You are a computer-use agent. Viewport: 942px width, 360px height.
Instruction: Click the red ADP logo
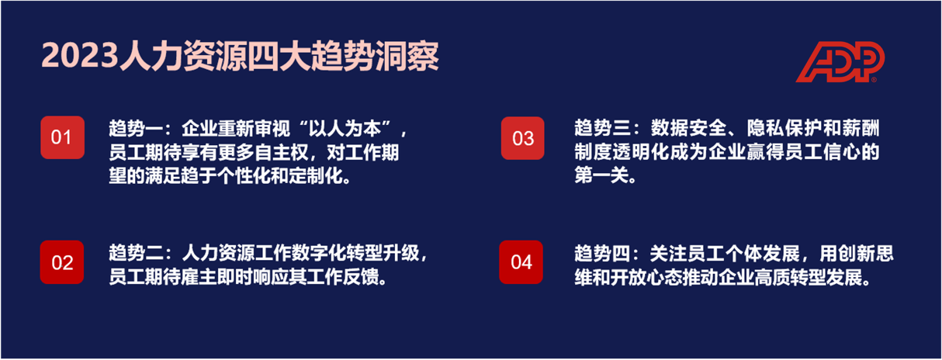click(x=840, y=62)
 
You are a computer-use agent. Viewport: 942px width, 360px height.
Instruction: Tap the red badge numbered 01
click(x=62, y=137)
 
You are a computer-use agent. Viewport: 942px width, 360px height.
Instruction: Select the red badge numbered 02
click(x=62, y=262)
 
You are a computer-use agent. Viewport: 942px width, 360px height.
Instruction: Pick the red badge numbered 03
click(x=523, y=138)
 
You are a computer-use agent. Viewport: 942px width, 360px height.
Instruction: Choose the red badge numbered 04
click(x=521, y=262)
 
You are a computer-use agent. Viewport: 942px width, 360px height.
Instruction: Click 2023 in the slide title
click(x=79, y=56)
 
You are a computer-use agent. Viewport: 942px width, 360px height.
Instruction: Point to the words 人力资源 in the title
click(x=183, y=56)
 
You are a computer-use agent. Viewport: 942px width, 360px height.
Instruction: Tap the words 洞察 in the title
click(x=407, y=56)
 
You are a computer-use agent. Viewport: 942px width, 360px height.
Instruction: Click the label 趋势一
click(x=136, y=128)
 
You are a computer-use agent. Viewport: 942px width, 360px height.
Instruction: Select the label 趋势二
click(x=136, y=253)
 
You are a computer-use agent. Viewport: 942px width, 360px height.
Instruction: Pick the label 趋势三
click(x=602, y=128)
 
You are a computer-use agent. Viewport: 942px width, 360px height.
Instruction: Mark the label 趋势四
click(x=602, y=254)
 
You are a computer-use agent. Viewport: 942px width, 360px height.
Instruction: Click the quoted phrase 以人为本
click(x=345, y=128)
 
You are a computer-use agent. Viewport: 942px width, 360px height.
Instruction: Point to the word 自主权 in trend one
click(x=282, y=152)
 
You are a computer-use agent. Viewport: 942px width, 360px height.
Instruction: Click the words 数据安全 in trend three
click(x=688, y=128)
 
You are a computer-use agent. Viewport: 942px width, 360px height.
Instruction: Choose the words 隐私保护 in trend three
click(x=784, y=128)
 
